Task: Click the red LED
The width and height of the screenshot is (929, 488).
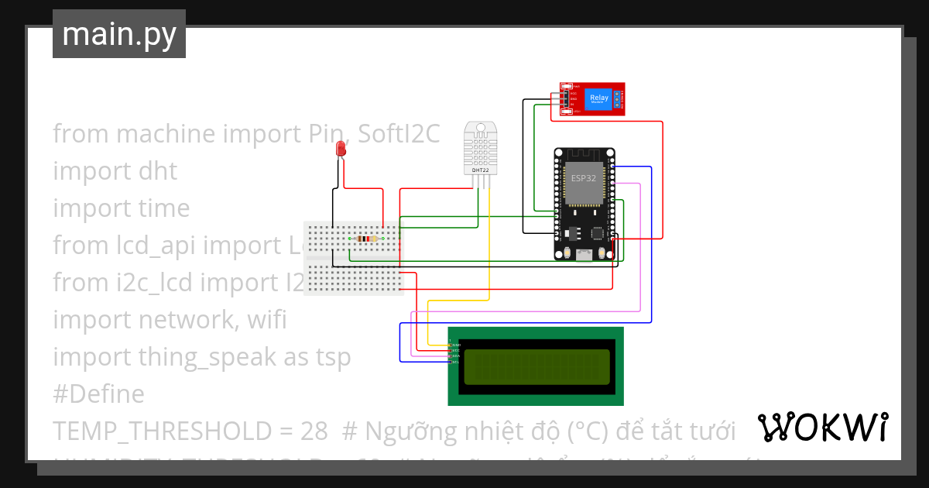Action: [x=340, y=149]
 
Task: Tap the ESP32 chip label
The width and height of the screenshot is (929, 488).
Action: [x=583, y=178]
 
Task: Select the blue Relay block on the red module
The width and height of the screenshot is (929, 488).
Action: [x=598, y=98]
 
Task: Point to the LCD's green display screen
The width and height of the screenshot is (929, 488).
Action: [x=536, y=366]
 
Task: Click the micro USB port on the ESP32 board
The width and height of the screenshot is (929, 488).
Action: [x=584, y=255]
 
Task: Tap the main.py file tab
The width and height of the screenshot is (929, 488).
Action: [x=119, y=34]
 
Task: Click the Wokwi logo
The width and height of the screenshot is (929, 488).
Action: [x=822, y=427]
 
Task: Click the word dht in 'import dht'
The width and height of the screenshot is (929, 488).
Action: [x=159, y=171]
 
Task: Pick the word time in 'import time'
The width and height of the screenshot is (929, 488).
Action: [x=165, y=208]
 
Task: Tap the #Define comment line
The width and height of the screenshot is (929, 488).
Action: [x=98, y=394]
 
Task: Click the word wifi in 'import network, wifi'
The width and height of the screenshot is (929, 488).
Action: [x=262, y=320]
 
